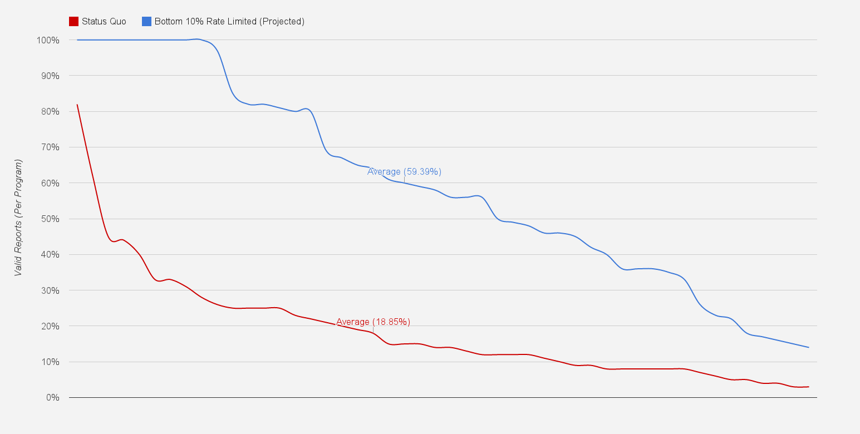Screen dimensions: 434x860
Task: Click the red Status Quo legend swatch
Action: pos(73,22)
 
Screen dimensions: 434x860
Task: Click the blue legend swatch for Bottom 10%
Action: pos(146,22)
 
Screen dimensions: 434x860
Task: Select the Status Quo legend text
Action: pos(104,22)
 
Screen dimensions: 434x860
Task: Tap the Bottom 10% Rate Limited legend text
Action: pos(229,22)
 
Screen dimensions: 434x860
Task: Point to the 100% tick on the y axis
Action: pos(48,40)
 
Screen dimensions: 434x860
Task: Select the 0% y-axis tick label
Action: pos(52,397)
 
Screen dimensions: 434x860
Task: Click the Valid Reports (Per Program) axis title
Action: pos(18,218)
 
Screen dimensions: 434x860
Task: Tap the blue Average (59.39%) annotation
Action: pos(404,171)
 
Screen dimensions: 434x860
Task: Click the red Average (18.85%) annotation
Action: pos(373,322)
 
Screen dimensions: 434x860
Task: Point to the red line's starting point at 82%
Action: pos(77,105)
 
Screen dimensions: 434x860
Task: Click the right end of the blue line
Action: pos(808,347)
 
